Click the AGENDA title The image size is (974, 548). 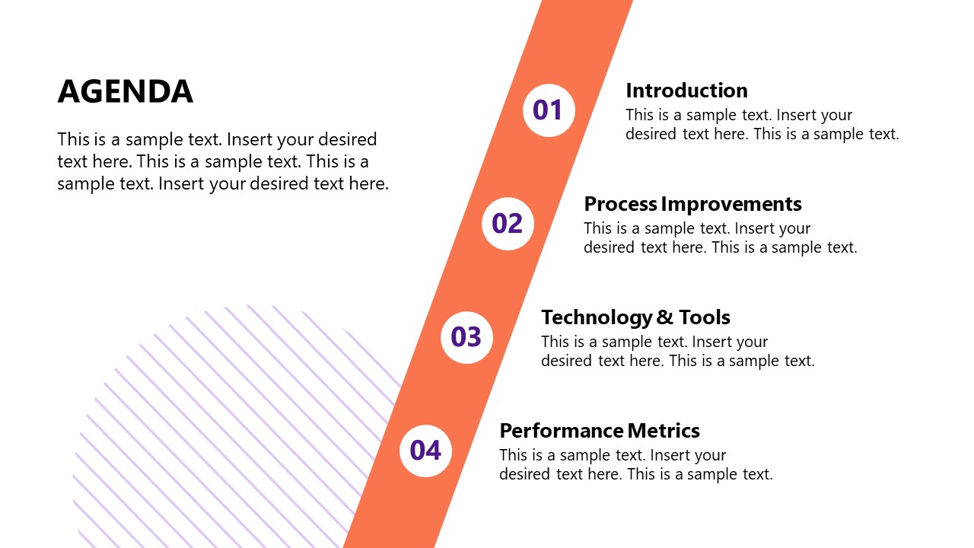[126, 91]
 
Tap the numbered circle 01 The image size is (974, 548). [549, 110]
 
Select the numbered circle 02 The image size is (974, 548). [508, 224]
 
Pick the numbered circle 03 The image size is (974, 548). [466, 337]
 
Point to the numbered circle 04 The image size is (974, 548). [425, 451]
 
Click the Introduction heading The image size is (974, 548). [686, 91]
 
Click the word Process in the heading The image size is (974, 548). [620, 204]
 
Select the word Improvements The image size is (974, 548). [731, 204]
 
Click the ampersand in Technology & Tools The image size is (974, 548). [665, 317]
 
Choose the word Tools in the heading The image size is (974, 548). [705, 317]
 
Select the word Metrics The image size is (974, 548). [664, 431]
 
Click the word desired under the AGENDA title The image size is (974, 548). [348, 139]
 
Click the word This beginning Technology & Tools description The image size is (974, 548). [555, 342]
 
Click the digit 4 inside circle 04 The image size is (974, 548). [434, 451]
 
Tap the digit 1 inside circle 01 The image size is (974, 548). [556, 110]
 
